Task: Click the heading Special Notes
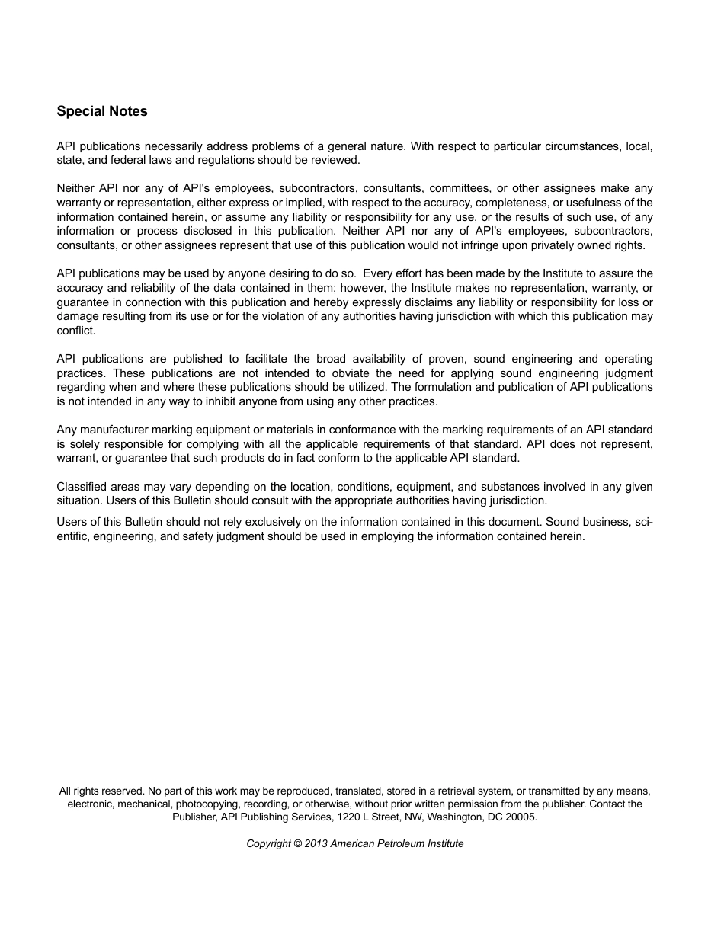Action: coord(102,111)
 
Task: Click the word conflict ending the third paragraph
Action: coord(75,331)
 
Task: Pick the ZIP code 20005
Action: coord(521,817)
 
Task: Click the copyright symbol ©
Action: coord(297,843)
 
